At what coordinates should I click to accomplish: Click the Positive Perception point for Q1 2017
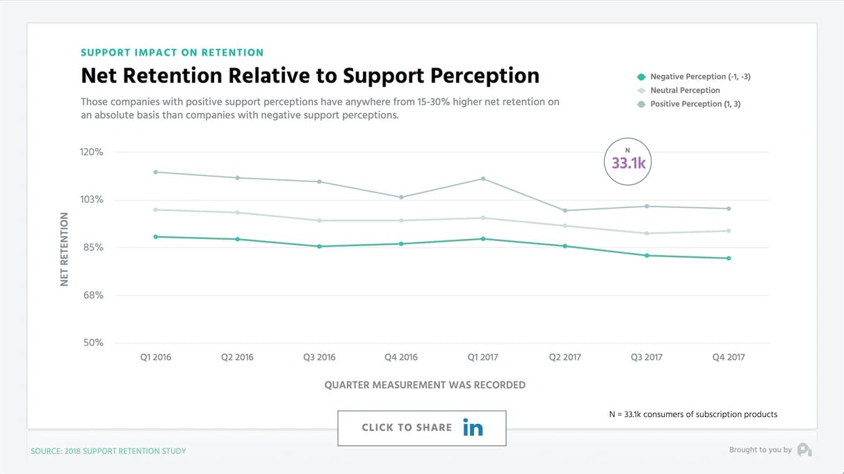click(483, 179)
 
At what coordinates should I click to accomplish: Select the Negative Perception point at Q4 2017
click(729, 259)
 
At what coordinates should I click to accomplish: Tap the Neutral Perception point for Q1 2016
click(155, 210)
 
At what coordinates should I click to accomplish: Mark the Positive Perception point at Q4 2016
click(401, 197)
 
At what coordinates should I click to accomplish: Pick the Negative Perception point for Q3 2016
click(319, 246)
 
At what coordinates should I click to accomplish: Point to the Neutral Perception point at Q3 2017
click(647, 234)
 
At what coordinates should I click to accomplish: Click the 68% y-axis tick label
click(92, 295)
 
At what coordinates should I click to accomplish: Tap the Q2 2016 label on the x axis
click(237, 357)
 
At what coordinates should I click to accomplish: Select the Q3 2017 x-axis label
click(647, 357)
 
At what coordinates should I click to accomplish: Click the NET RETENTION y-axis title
click(65, 249)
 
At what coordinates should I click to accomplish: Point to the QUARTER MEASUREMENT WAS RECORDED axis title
click(425, 385)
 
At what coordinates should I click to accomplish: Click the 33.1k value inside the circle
click(628, 164)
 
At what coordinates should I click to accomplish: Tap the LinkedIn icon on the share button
click(473, 428)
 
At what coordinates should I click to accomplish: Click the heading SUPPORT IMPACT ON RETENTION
click(172, 53)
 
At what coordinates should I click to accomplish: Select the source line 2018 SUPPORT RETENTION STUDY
click(108, 451)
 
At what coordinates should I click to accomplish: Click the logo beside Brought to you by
click(804, 450)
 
